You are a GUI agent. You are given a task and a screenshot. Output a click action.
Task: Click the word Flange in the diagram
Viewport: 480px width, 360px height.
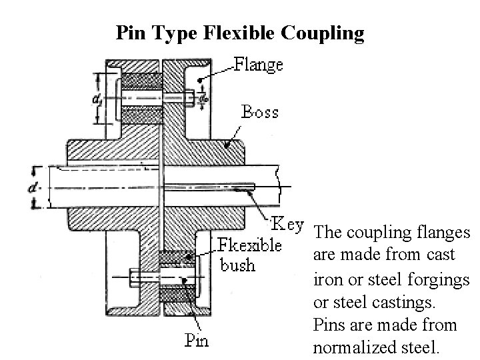pos(259,65)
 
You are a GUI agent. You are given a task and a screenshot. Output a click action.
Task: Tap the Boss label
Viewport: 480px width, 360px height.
pos(259,112)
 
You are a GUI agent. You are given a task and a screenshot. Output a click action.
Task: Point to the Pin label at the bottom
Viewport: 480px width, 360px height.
pos(196,341)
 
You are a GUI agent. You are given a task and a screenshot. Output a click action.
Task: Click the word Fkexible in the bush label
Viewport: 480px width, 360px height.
pos(250,245)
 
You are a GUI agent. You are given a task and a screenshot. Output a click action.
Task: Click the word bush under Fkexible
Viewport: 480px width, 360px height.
pos(237,265)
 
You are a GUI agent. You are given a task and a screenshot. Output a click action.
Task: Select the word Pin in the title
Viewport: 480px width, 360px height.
pos(129,33)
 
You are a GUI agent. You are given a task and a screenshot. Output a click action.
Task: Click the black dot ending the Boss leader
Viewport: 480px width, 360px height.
pos(228,143)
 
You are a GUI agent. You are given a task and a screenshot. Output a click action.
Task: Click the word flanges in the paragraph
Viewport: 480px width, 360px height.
pos(442,233)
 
